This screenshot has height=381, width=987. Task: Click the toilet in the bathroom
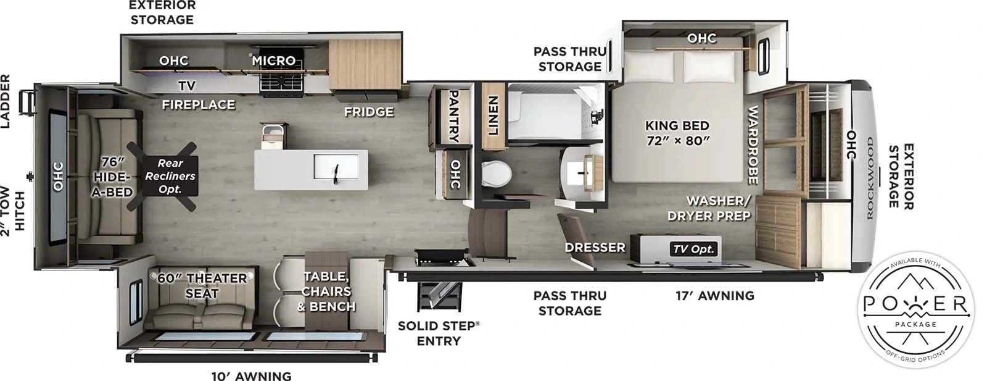[496, 174]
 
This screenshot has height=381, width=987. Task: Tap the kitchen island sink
[336, 167]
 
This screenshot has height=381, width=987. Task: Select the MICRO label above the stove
[274, 61]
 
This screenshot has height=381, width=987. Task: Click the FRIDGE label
[369, 112]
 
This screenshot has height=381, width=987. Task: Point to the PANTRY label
[453, 116]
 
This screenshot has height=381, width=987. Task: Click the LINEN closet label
[493, 115]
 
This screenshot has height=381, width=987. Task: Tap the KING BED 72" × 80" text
[677, 133]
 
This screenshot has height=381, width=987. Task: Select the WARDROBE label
[753, 145]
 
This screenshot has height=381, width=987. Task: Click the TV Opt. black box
[693, 249]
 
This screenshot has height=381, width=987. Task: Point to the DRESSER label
[595, 248]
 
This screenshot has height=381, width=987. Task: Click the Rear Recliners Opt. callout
[170, 176]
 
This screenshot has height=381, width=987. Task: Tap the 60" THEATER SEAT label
[202, 286]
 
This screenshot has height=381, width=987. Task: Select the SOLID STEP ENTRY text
[439, 333]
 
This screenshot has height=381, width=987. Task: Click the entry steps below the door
[439, 295]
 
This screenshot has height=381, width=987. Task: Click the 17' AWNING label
[714, 296]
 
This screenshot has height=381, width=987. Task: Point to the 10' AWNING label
[251, 375]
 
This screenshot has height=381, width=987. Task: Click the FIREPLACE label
[198, 105]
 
